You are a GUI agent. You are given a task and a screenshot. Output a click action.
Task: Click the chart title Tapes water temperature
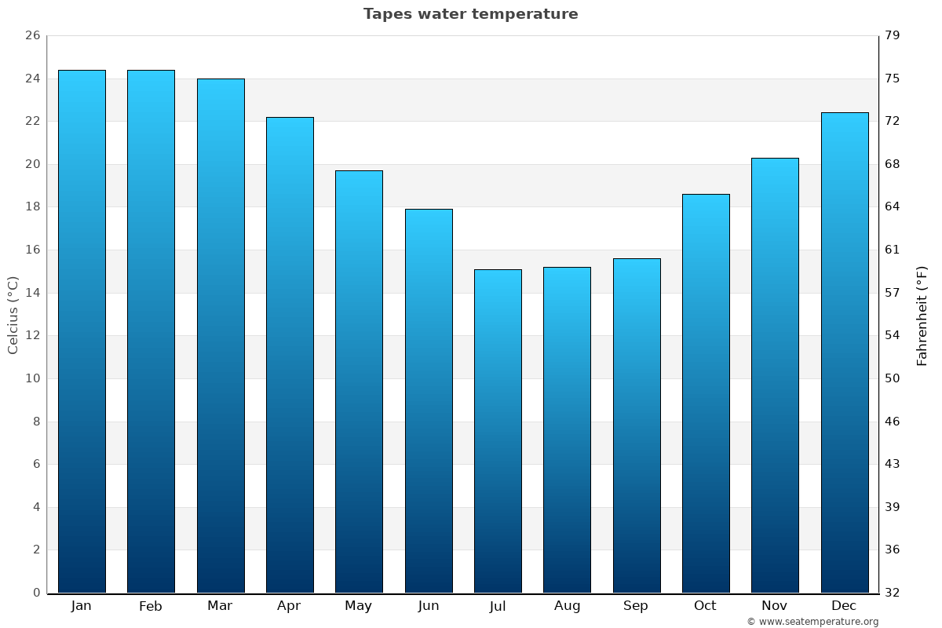tap(470, 14)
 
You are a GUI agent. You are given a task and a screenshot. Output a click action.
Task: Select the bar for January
tap(82, 331)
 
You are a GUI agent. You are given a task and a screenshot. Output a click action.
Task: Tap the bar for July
tap(498, 431)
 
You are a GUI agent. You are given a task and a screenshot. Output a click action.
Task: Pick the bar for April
tap(290, 355)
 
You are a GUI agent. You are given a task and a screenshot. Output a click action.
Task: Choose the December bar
tap(845, 352)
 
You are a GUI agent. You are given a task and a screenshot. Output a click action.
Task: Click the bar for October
tap(706, 393)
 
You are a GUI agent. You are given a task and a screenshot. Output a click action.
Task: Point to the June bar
tap(429, 400)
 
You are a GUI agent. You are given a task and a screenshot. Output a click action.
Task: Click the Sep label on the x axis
tap(636, 606)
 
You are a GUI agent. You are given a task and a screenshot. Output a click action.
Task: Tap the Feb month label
tap(151, 606)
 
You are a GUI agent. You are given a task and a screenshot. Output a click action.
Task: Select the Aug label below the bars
tap(567, 606)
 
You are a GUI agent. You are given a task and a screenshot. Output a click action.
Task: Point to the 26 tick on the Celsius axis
tap(32, 36)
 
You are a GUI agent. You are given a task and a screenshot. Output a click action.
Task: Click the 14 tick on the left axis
tap(32, 293)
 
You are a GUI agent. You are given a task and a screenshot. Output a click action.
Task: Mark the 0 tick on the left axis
tap(36, 593)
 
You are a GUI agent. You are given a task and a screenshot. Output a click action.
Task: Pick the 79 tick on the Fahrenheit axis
tap(893, 36)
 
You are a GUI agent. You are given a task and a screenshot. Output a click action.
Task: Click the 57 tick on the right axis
tap(893, 293)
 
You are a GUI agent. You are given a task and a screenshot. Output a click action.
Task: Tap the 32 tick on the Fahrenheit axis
tap(893, 593)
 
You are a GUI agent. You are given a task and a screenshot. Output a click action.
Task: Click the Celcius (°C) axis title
tap(13, 315)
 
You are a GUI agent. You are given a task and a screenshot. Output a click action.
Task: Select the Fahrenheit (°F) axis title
tap(922, 315)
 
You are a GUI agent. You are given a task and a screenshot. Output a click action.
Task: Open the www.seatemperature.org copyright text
tap(812, 622)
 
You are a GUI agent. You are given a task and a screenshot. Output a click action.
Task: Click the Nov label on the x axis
tap(775, 606)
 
